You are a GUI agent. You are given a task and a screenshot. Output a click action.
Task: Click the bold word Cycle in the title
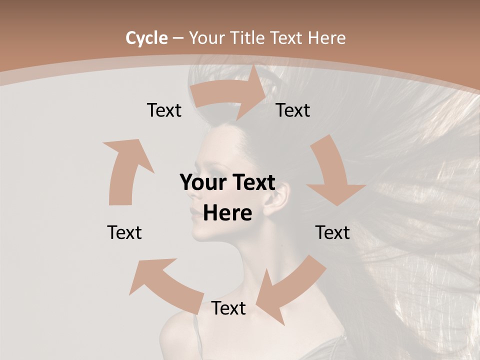146,38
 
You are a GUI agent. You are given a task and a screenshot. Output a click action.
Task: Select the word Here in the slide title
327,38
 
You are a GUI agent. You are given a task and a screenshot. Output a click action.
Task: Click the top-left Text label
164,110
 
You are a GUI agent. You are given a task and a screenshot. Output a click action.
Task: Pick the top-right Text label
293,110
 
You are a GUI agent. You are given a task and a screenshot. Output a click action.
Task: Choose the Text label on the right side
332,232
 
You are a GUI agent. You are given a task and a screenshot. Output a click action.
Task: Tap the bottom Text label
228,308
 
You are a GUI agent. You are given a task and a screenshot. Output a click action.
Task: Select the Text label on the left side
124,232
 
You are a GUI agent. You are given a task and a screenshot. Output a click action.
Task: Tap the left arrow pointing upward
125,170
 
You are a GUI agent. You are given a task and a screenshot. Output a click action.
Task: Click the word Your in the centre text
200,183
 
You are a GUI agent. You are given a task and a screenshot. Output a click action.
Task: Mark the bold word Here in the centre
227,213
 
